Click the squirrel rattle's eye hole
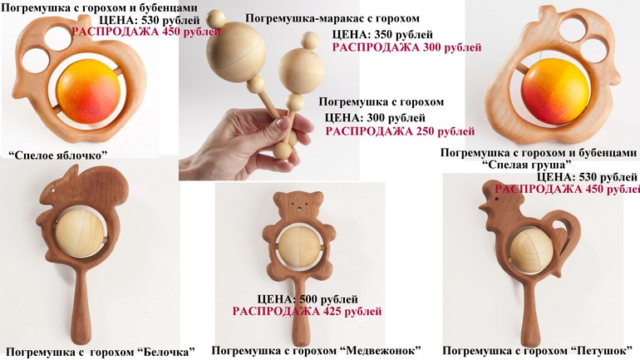tap(53, 190)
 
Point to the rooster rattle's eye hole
tap(497, 199)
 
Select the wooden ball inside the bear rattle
tap(299, 247)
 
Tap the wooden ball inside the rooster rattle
tap(531, 249)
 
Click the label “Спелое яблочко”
tap(57, 155)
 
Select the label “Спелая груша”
tap(525, 165)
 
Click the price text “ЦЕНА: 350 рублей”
tap(382, 35)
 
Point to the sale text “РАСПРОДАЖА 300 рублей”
tap(406, 47)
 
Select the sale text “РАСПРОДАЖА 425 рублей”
tap(307, 312)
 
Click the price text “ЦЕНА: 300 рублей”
tap(375, 118)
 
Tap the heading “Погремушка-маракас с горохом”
tap(332, 18)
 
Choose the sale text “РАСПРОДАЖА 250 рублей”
tap(400, 131)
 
